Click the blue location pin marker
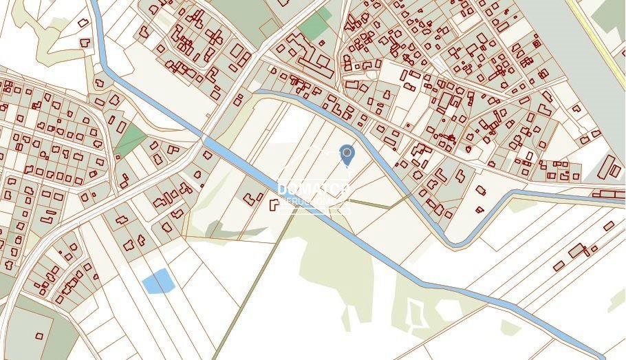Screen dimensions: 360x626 tap(347, 155)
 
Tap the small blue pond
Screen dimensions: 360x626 tap(158, 281)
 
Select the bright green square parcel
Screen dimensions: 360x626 tap(314, 27)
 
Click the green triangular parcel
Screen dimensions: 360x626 tap(129, 140)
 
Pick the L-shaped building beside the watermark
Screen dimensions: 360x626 tap(274, 204)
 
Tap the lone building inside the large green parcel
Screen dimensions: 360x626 tap(39, 336)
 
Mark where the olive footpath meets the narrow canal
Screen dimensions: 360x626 tap(413, 195)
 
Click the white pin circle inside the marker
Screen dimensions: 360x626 tap(347, 152)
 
